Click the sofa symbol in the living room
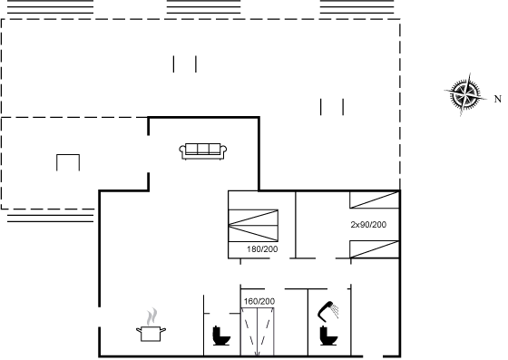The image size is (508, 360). pos(203,151)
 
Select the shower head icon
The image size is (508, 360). pos(328,310)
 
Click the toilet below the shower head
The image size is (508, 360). pos(328,336)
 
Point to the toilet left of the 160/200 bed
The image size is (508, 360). pos(221,336)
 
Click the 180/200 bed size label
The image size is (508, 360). pos(262,249)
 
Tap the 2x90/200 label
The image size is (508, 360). pos(368,225)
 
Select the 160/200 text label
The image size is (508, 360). pos(259,301)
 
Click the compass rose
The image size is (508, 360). pos(464,94)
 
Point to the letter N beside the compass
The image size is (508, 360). pos(498,99)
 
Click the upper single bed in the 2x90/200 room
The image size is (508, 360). pos(374,199)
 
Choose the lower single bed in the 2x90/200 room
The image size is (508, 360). pos(374,249)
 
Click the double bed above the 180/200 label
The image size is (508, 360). pos(253,225)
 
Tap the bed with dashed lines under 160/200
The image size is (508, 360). pos(258,332)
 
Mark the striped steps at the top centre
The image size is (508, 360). pos(203,6)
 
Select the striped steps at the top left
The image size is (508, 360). pos(50,6)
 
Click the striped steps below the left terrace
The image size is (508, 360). pos(50,219)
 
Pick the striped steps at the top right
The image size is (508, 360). pos(357,6)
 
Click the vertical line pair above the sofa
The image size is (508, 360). pos(185,64)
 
